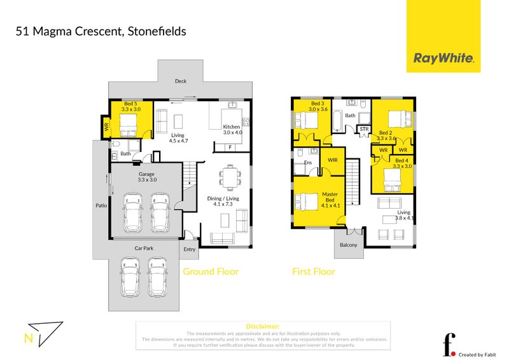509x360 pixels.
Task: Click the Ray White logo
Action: click(x=444, y=58)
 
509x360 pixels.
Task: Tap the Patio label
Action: click(x=101, y=205)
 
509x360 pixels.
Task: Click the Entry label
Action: click(x=190, y=249)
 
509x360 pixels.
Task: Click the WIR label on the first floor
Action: click(x=332, y=160)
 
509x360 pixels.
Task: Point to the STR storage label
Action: click(x=364, y=130)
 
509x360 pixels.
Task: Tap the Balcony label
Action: click(x=348, y=245)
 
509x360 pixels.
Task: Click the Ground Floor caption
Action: click(x=211, y=272)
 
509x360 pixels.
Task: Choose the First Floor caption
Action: click(x=313, y=272)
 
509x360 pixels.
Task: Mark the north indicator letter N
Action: click(x=27, y=338)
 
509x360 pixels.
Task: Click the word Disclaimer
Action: click(x=262, y=326)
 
